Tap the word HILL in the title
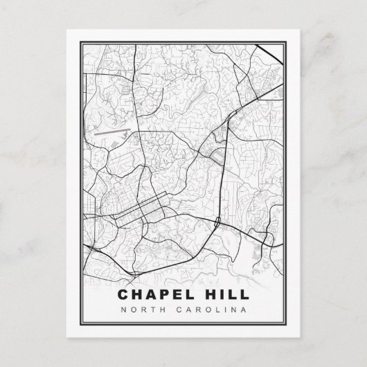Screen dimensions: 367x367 coord(226,295)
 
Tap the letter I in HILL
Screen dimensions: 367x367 coord(223,295)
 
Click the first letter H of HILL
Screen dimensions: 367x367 coord(209,295)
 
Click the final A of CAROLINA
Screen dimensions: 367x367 coord(242,309)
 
